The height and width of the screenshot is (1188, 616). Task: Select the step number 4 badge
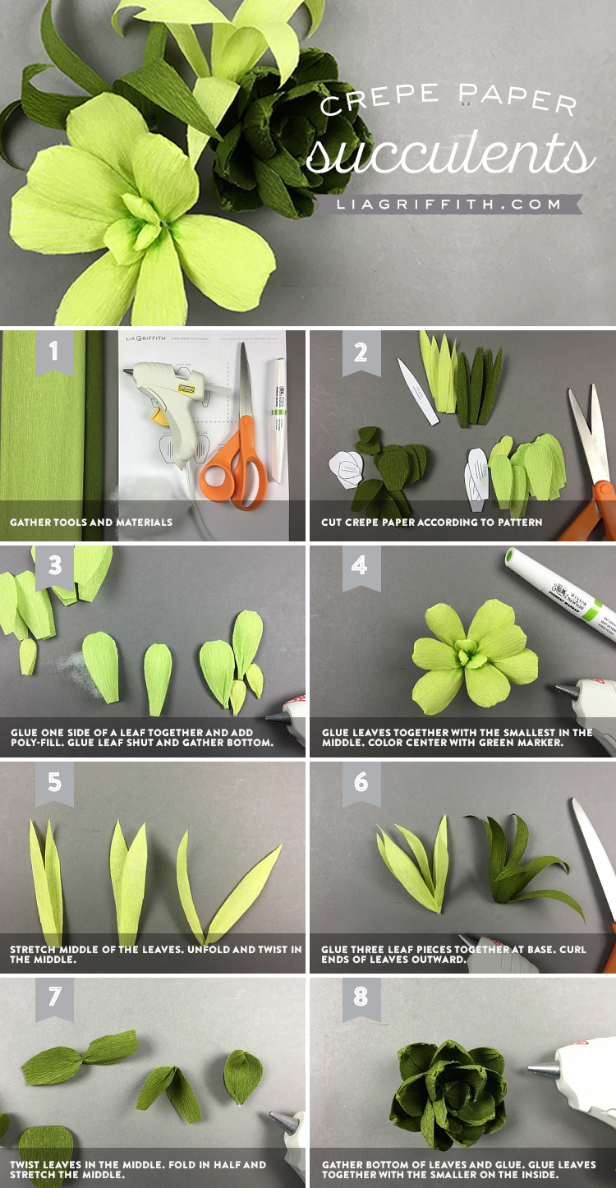361,568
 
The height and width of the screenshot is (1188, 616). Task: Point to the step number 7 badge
54,998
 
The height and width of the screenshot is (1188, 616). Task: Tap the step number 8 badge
361,998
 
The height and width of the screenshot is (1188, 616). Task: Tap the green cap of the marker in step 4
510,556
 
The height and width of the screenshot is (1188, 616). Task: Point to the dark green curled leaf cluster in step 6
525,864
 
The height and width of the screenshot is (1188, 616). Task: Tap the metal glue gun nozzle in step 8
544,1069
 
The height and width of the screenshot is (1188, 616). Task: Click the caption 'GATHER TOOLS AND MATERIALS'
91,523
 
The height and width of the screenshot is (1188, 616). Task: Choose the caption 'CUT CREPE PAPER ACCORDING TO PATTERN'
431,523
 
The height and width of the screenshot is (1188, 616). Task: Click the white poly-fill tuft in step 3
80,674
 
